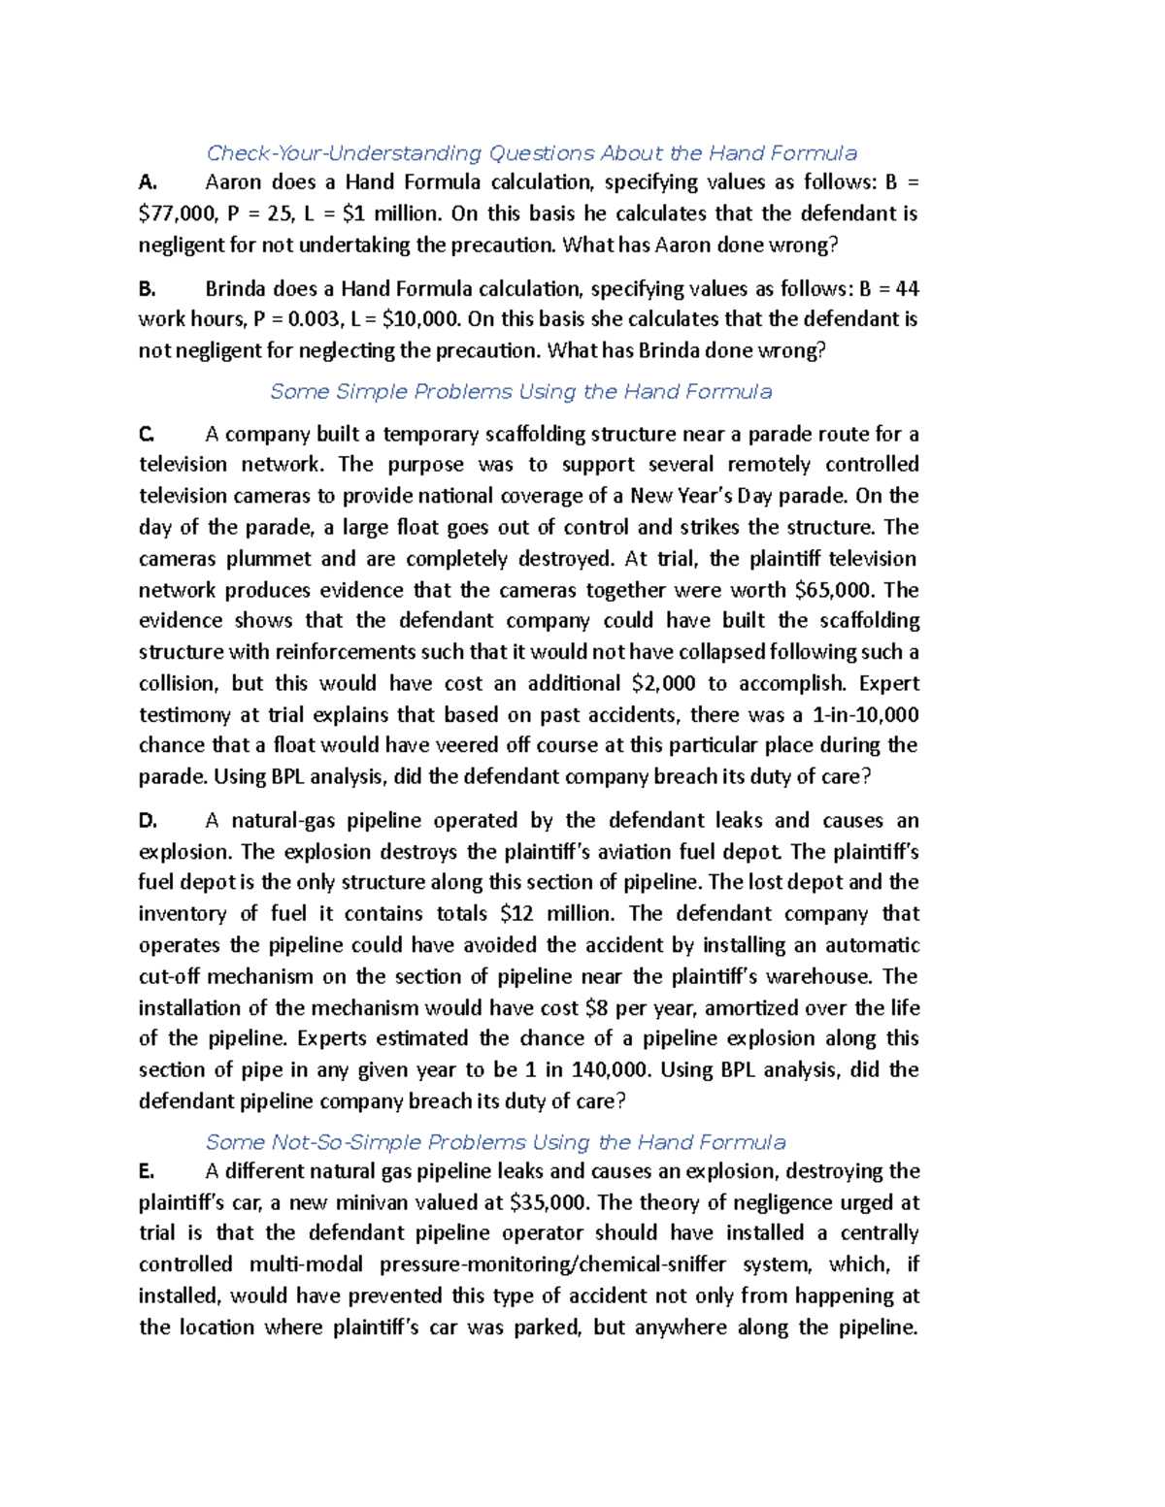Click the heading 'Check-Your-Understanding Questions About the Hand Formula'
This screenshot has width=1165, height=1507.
531,153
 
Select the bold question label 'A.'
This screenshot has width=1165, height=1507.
148,182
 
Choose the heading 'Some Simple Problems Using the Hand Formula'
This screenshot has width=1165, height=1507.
521,392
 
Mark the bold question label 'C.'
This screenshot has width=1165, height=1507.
147,434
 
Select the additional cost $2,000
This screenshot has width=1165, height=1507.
663,683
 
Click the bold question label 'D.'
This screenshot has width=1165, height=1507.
148,821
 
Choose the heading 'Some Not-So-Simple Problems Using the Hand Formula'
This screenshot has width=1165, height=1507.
495,1142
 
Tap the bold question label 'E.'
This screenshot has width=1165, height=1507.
147,1171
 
